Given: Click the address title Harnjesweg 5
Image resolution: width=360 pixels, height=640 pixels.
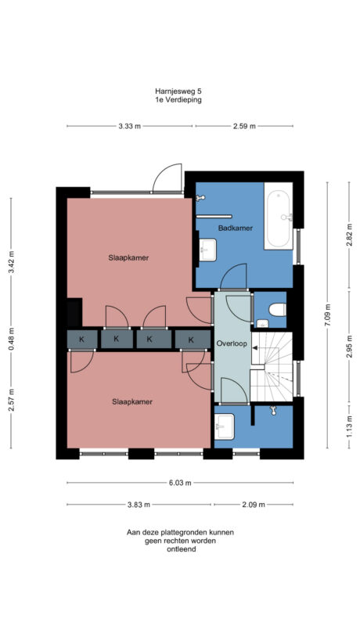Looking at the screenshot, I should click(180, 91).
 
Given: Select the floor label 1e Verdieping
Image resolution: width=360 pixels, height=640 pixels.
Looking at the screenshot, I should click(180, 100).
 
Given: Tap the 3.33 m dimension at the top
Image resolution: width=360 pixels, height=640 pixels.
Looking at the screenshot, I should click(129, 127).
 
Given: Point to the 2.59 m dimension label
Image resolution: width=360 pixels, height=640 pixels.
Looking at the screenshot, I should click(244, 127).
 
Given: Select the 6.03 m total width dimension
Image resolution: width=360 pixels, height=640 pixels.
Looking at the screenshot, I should click(180, 483).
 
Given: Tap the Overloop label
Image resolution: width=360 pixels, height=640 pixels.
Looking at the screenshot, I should click(232, 343).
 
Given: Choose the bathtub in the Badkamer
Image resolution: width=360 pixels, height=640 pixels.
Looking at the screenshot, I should click(279, 216).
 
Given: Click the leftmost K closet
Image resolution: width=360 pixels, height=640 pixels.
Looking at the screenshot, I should click(81, 339).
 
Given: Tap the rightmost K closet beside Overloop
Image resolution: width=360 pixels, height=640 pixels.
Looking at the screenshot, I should click(190, 339).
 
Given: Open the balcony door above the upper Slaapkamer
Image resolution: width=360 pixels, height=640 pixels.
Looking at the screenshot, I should click(167, 179).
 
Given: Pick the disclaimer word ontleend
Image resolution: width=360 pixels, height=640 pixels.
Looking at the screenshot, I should click(180, 549).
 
